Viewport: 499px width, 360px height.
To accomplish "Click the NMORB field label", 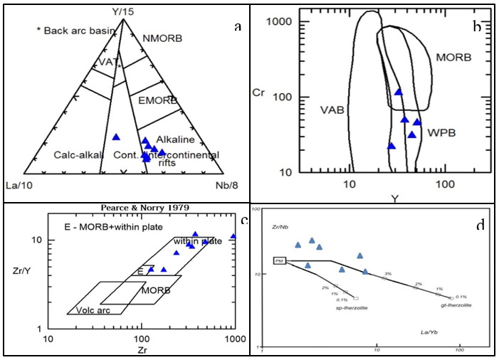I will click(162, 37).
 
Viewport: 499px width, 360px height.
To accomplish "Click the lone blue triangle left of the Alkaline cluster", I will click(117, 137).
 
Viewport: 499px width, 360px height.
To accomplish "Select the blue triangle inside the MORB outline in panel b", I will click(399, 92).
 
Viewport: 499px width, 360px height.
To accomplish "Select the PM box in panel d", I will click(280, 261).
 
